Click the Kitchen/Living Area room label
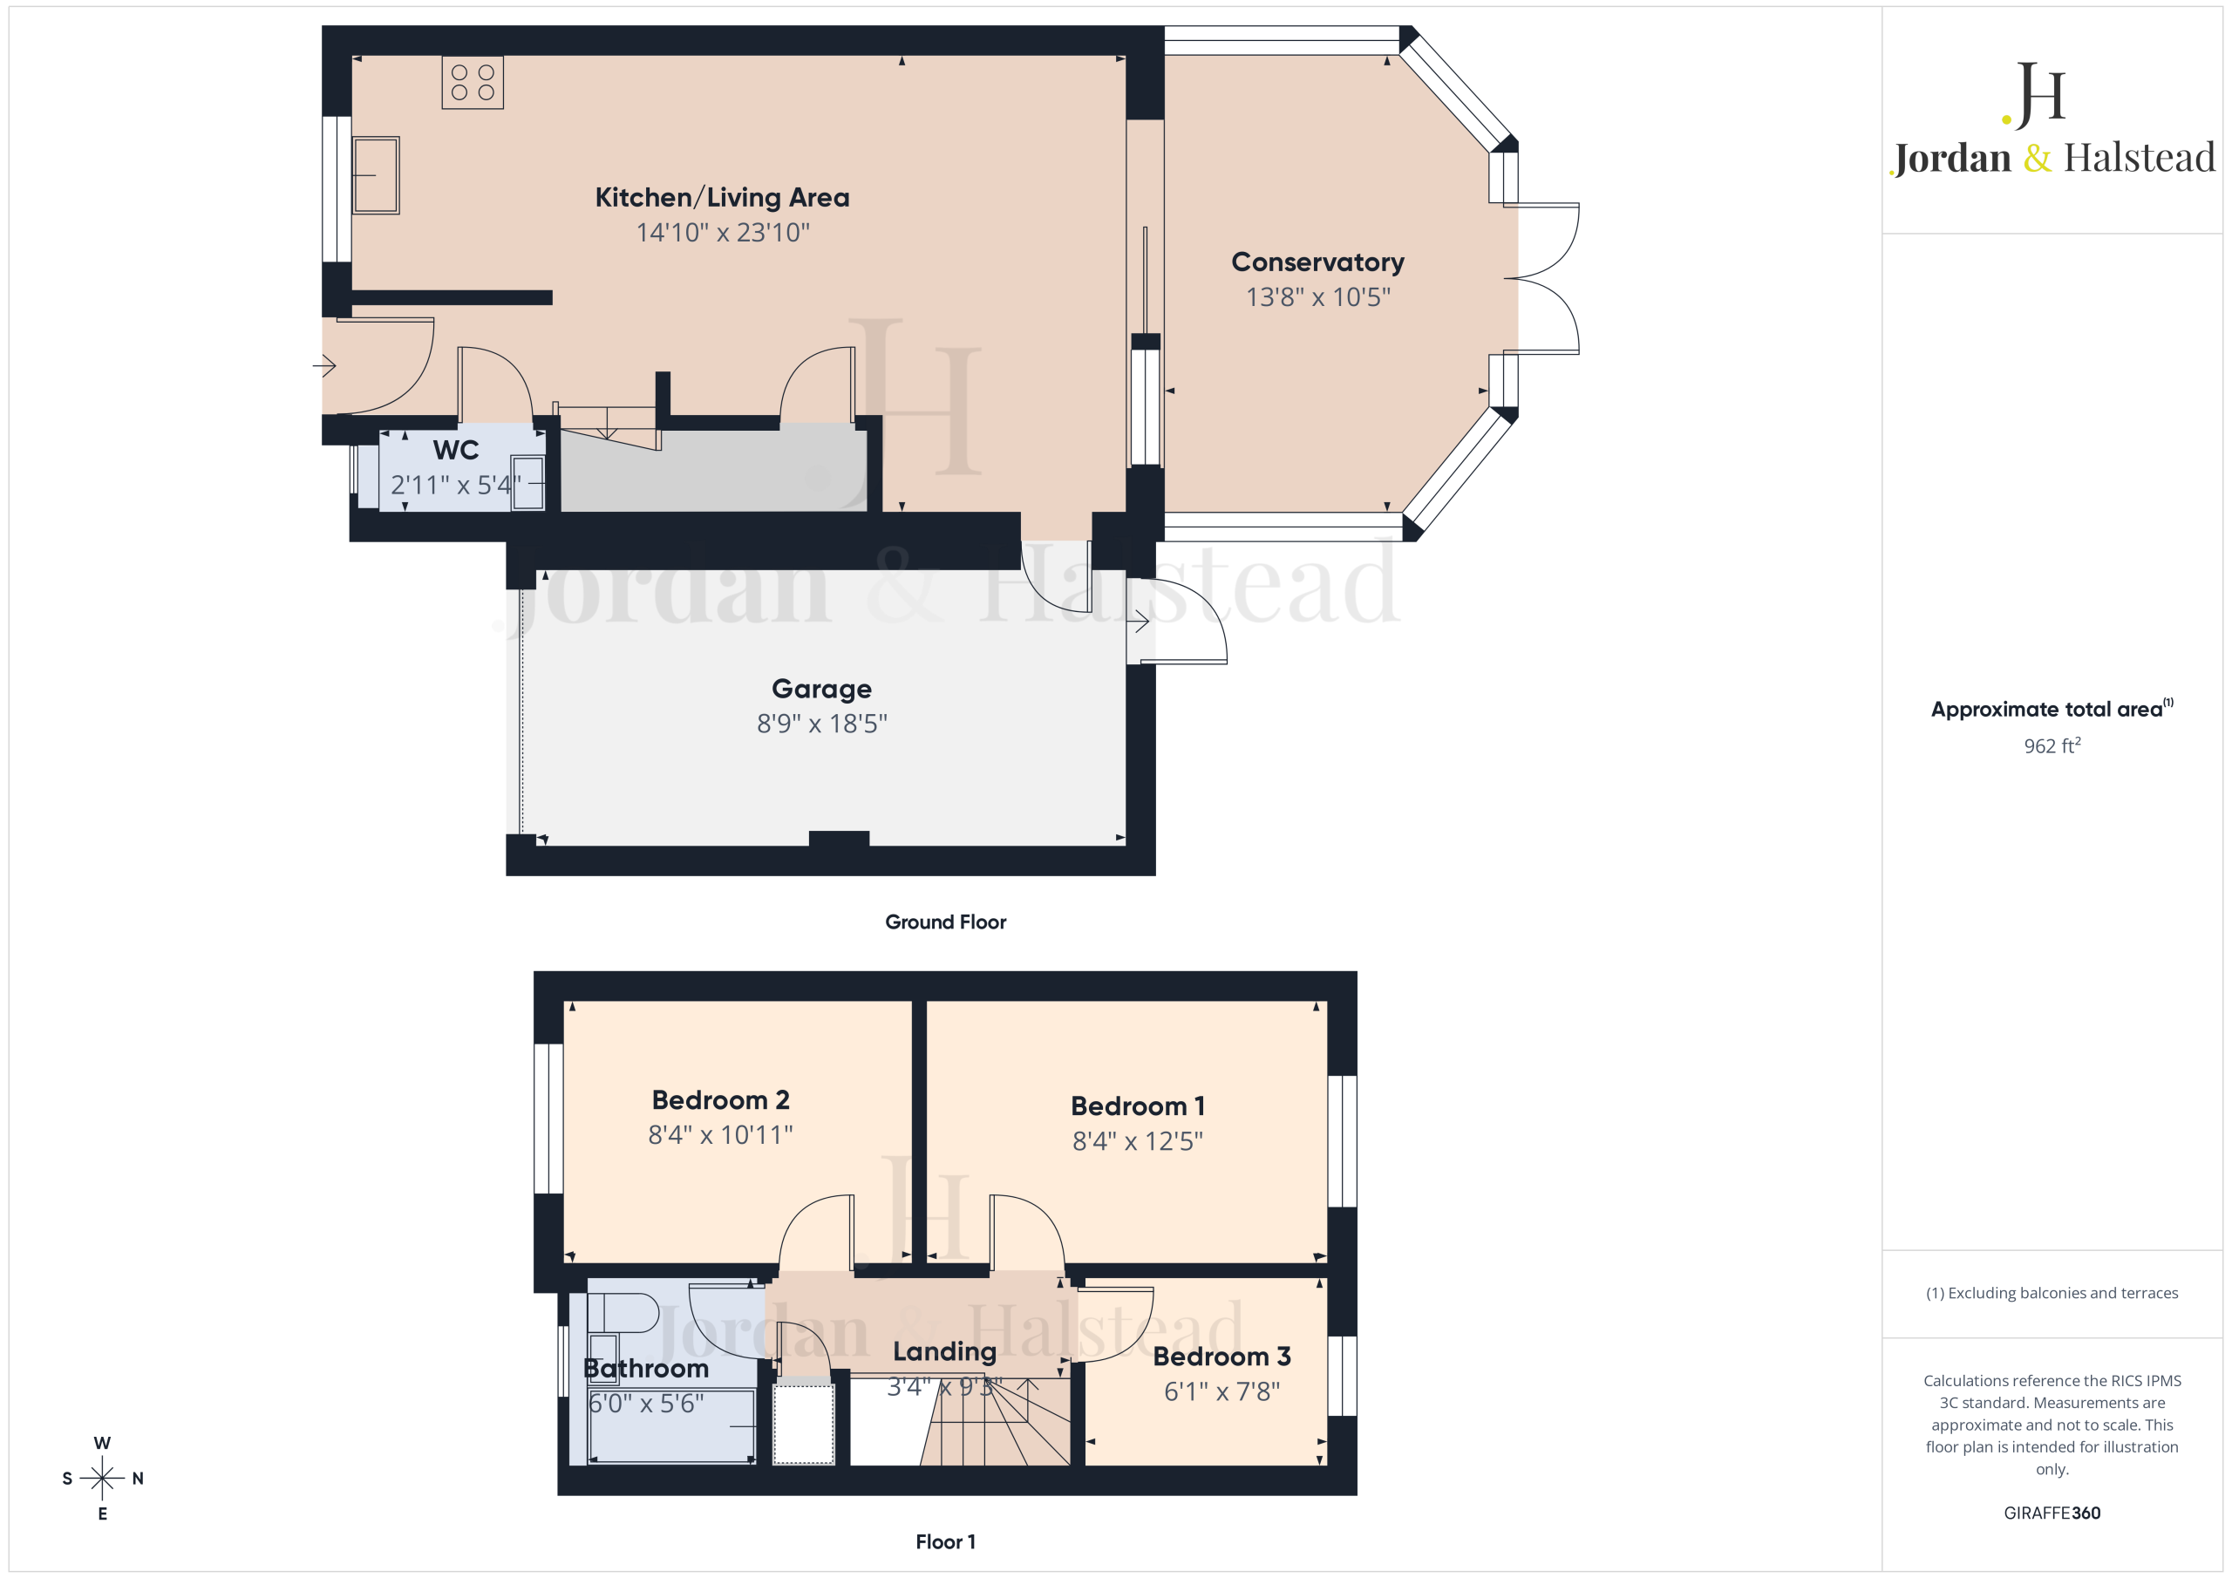(x=722, y=197)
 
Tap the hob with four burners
(x=473, y=83)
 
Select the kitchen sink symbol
(x=375, y=175)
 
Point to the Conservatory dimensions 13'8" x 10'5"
(x=1318, y=296)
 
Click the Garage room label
(x=821, y=689)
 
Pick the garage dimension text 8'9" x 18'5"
(x=821, y=724)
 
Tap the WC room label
(x=456, y=450)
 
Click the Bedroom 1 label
(x=1138, y=1105)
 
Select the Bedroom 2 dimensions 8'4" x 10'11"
(x=720, y=1134)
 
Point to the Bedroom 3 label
(x=1222, y=1357)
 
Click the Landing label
(x=945, y=1351)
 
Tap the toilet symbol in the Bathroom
(x=623, y=1313)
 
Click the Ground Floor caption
(x=946, y=922)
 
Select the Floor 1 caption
(x=946, y=1542)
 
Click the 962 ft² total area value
(x=2052, y=745)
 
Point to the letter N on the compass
(x=138, y=1478)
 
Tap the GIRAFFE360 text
(x=2052, y=1513)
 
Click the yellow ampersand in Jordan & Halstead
(x=2038, y=158)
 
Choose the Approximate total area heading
(x=2052, y=709)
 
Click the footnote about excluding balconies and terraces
(x=2052, y=1293)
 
